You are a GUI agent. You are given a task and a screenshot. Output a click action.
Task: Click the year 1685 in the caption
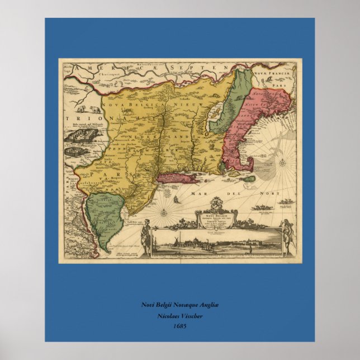179,325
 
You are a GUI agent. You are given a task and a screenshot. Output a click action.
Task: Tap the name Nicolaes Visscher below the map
179,315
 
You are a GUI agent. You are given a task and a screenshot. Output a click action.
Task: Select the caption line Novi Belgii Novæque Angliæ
179,305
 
